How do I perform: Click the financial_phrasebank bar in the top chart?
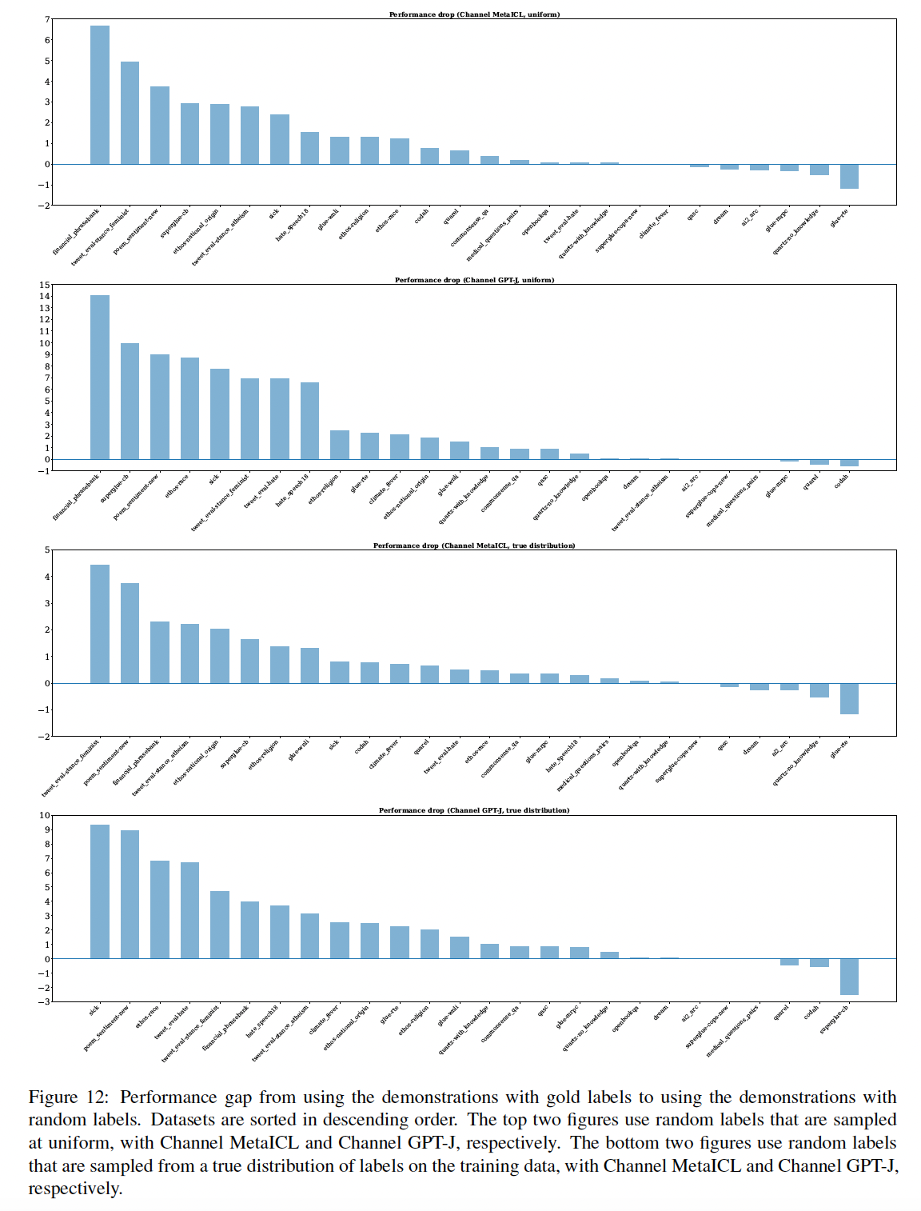100,95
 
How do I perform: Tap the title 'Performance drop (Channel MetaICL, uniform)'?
474,14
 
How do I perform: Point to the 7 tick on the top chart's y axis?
48,19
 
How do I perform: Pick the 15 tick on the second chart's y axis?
45,285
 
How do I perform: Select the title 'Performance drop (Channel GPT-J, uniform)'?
474,280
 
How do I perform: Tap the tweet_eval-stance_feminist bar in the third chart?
100,624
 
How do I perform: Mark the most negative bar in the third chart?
849,698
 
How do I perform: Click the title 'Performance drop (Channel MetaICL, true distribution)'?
474,546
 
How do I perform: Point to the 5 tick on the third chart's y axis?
48,550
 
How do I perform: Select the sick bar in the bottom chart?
100,892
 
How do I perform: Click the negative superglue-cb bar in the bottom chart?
849,977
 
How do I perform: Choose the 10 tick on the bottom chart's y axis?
45,816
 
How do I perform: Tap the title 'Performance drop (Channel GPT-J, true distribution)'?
474,810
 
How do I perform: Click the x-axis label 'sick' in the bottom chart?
94,1011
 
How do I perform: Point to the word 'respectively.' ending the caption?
75,1189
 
